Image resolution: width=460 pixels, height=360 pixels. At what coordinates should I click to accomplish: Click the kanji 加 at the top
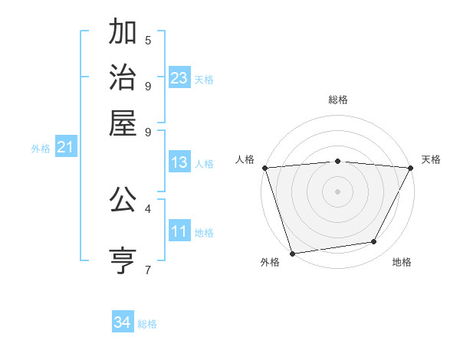click(x=123, y=34)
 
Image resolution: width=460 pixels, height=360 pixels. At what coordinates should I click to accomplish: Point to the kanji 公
click(x=123, y=201)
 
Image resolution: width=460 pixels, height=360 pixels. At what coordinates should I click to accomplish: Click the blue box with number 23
click(x=179, y=78)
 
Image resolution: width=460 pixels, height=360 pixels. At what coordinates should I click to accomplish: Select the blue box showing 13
click(x=179, y=162)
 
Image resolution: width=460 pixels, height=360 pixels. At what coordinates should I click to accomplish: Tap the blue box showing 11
click(x=179, y=231)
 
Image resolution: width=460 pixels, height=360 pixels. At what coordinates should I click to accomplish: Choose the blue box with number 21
click(x=64, y=148)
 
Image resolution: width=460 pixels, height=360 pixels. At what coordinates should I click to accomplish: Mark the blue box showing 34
click(x=122, y=322)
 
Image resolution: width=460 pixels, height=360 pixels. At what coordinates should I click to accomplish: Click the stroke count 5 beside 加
click(x=148, y=40)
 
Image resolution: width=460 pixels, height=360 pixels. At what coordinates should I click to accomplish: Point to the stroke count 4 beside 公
click(x=148, y=208)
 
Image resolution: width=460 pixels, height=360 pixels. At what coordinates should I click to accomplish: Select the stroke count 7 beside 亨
click(x=148, y=270)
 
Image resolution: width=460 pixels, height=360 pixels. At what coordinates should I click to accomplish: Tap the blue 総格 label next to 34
click(x=147, y=324)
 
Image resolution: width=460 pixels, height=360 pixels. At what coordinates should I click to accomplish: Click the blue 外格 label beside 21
click(x=41, y=149)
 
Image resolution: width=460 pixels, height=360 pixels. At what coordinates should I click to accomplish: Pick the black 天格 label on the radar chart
click(x=432, y=159)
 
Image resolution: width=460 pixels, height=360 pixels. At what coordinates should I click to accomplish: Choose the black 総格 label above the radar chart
click(x=337, y=100)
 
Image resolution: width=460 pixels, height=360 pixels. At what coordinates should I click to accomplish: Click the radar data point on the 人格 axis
click(x=264, y=168)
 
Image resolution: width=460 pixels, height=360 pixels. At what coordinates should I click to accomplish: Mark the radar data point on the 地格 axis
click(x=374, y=242)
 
